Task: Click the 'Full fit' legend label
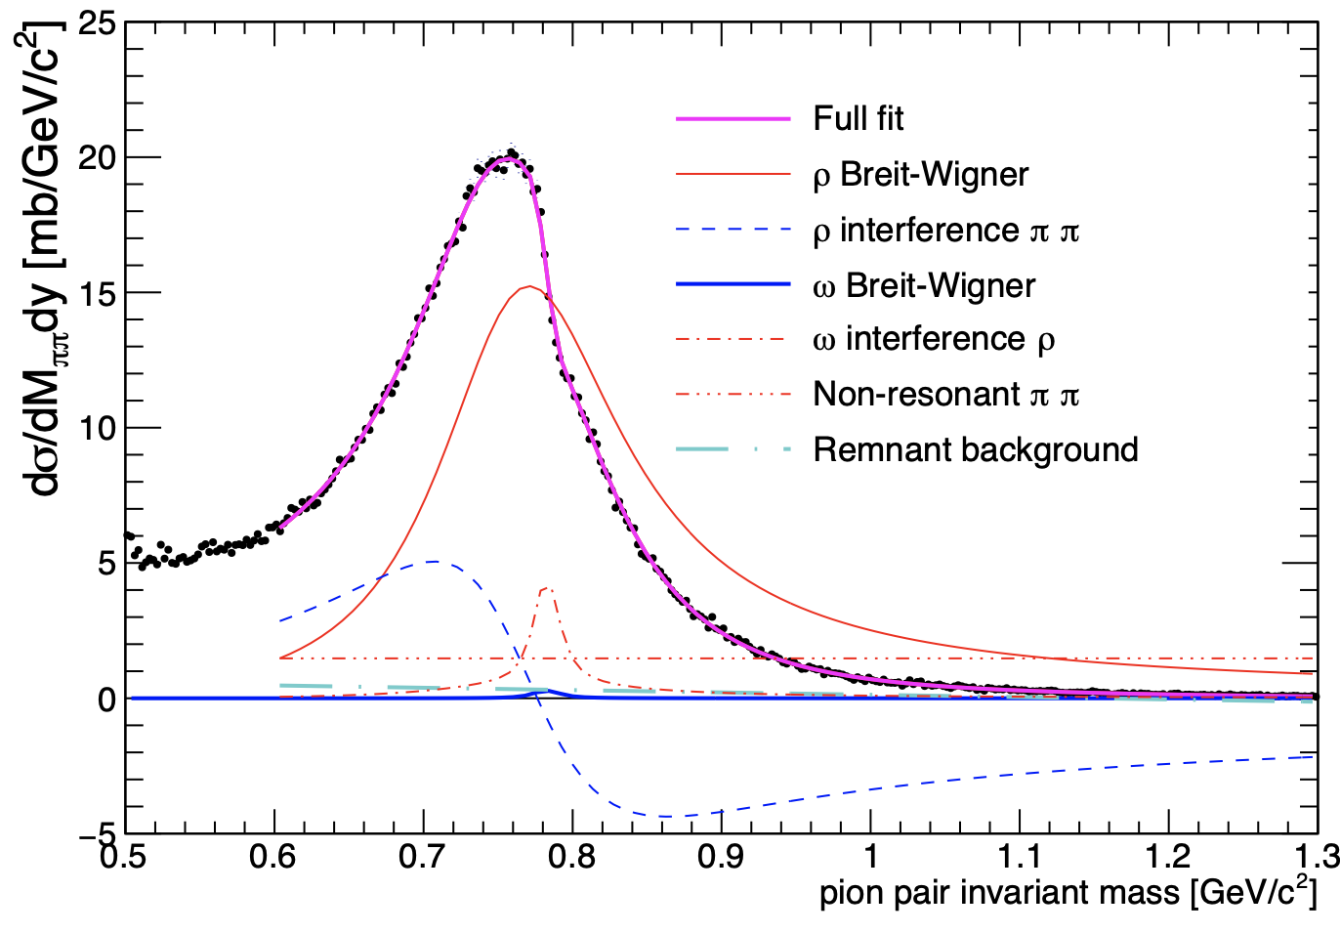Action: (858, 119)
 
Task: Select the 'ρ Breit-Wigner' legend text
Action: (920, 175)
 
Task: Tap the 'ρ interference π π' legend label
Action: (945, 231)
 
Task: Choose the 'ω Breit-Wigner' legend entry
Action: (923, 285)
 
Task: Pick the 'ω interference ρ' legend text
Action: (933, 339)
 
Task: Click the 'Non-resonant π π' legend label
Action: (945, 395)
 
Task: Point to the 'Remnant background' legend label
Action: (975, 450)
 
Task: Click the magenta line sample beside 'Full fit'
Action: (733, 119)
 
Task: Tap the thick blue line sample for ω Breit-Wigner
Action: (733, 285)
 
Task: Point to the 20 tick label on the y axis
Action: (98, 157)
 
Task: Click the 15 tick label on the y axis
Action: (98, 293)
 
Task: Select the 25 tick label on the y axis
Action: (98, 22)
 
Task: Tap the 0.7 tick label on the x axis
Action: (422, 858)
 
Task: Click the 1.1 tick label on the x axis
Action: (1019, 858)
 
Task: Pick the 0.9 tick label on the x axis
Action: (721, 858)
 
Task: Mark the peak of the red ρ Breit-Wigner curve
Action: (528, 286)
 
